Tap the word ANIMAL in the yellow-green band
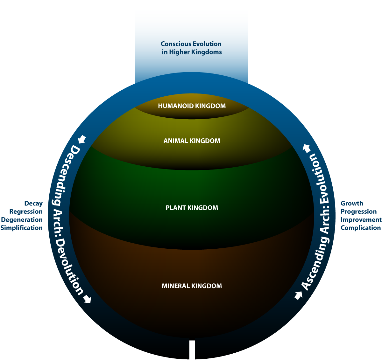pos(176,141)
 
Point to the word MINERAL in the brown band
pos(175,286)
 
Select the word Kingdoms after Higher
pos(207,52)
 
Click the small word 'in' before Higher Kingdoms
pos(164,52)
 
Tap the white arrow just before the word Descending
pos(82,139)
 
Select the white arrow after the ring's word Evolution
pos(307,148)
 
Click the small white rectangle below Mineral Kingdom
pos(192,345)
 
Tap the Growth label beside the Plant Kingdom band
pos(352,204)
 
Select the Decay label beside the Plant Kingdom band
pos(33,204)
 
